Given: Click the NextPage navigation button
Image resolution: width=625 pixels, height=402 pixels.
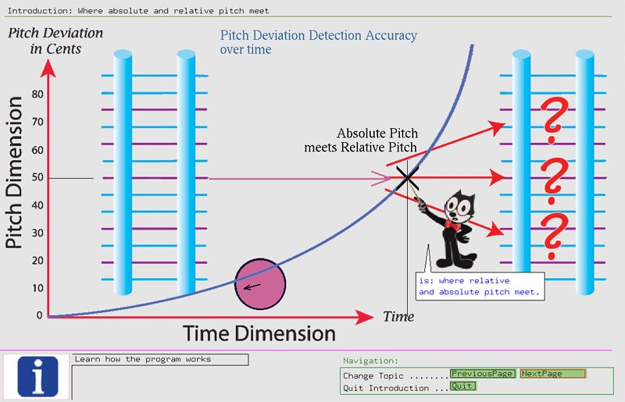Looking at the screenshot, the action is point(553,374).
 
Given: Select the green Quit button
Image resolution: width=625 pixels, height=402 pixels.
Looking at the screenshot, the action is point(462,386).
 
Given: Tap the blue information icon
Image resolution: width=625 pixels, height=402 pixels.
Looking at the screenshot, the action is point(37,376).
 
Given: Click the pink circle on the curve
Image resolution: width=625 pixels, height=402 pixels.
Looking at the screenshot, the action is point(260,283).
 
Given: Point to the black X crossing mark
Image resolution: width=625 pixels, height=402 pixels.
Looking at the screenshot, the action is point(407,178).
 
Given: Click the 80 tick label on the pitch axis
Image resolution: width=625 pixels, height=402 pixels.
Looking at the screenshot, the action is point(37,94).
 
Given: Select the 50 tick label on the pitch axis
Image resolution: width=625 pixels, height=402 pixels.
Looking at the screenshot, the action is point(37,177).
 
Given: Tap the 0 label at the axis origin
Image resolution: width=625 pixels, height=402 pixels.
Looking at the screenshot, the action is point(39,315).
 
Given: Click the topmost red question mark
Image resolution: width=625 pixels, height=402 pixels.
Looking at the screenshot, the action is point(554,121).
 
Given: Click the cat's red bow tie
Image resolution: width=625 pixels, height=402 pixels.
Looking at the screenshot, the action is point(452,225).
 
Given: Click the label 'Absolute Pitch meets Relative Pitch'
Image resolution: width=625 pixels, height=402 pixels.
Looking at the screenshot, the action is point(361,141).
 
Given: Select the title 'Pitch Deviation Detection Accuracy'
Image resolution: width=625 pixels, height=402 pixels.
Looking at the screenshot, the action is point(319,35).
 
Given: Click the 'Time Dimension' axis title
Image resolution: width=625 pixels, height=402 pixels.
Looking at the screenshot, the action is point(259,333).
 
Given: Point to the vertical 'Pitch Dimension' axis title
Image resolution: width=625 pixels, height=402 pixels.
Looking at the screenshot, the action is point(13,173).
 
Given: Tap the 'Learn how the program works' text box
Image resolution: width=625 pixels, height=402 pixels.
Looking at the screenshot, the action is point(160,359).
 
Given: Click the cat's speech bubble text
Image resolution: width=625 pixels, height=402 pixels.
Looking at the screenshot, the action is point(479,286).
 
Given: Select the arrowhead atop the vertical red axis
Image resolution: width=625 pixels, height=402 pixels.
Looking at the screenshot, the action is point(48,68).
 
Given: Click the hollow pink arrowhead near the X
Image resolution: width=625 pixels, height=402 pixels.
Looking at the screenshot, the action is point(381,179).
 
